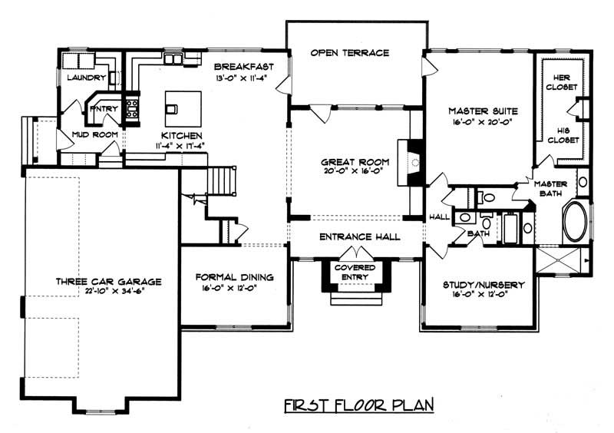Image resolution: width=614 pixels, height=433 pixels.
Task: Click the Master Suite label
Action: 478,111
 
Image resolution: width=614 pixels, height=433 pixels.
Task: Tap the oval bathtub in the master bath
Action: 575,222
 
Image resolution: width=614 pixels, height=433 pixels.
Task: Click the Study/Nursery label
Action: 484,285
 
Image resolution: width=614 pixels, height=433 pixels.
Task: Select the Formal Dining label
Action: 235,277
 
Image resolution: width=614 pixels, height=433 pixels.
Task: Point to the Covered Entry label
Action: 355,273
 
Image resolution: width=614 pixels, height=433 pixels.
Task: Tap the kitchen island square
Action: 183,102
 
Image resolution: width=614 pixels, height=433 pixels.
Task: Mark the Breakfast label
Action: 240,66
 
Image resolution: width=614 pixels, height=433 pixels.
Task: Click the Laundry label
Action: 85,78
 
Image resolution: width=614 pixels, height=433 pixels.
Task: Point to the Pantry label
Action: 104,108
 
